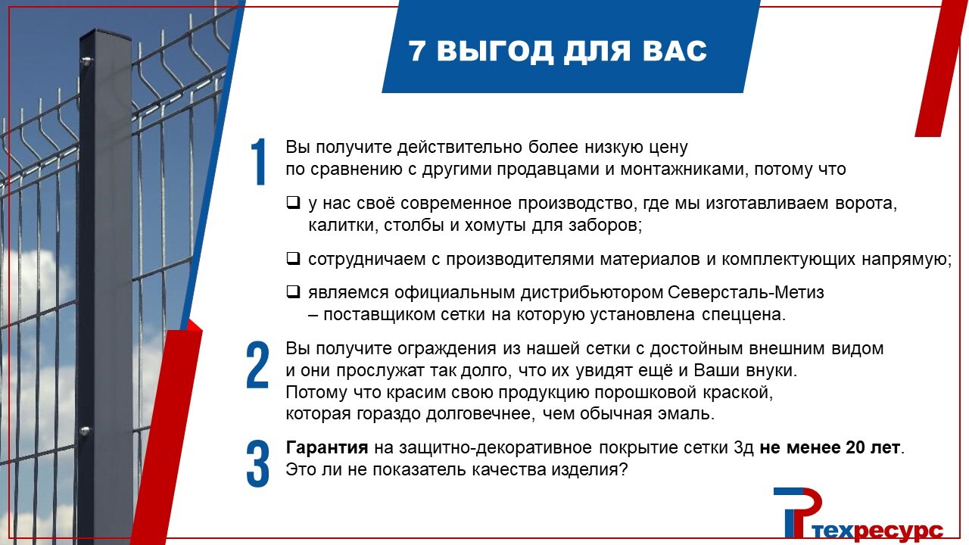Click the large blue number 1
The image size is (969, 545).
click(x=259, y=162)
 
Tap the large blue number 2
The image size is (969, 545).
click(x=258, y=365)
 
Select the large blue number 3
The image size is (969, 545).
click(x=258, y=464)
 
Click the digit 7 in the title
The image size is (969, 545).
click(x=417, y=51)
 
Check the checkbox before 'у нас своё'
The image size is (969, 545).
click(x=293, y=202)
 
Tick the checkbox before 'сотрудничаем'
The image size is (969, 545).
click(x=293, y=258)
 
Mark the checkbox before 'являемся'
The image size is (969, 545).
click(x=293, y=291)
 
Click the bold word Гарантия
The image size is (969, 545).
click(x=327, y=447)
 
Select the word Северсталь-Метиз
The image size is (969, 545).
click(x=746, y=292)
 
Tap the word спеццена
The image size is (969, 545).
click(x=743, y=316)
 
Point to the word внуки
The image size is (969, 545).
click(x=771, y=371)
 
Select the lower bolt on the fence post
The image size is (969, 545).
click(x=84, y=431)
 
